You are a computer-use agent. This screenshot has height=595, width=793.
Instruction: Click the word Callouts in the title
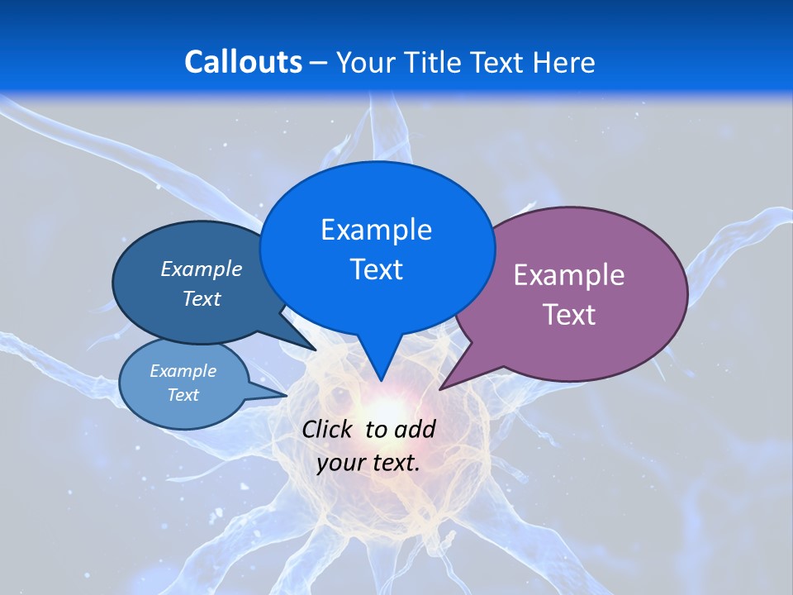pos(243,62)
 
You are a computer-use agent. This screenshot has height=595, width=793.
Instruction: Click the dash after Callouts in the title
pos(319,63)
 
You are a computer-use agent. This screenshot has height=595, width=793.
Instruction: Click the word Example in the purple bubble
pos(569,275)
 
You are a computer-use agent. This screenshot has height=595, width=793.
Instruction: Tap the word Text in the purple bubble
pos(569,315)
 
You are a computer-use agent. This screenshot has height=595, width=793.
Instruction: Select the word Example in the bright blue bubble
pos(376,230)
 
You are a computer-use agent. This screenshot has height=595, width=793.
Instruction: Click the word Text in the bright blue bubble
pos(376,269)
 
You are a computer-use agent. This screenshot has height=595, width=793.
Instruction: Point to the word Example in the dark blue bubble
pos(202,269)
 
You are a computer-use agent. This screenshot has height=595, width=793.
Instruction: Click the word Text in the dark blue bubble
pos(202,298)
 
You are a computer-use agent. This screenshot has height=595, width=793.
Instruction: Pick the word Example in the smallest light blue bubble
pos(183,371)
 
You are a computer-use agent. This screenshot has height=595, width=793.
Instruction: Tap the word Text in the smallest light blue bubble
pos(183,395)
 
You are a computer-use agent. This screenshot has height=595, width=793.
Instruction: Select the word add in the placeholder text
pos(415,429)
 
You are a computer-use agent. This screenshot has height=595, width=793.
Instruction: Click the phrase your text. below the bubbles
pos(368,463)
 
